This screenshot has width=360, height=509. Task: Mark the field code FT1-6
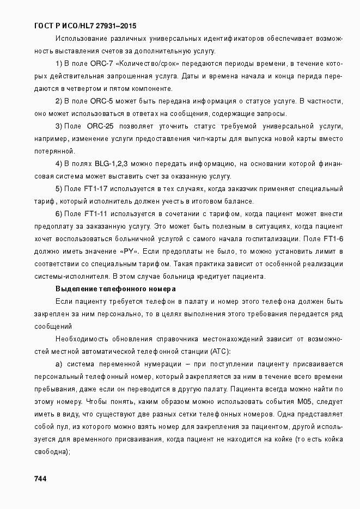(x=333, y=238)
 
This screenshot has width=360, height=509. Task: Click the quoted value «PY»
(x=127, y=251)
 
